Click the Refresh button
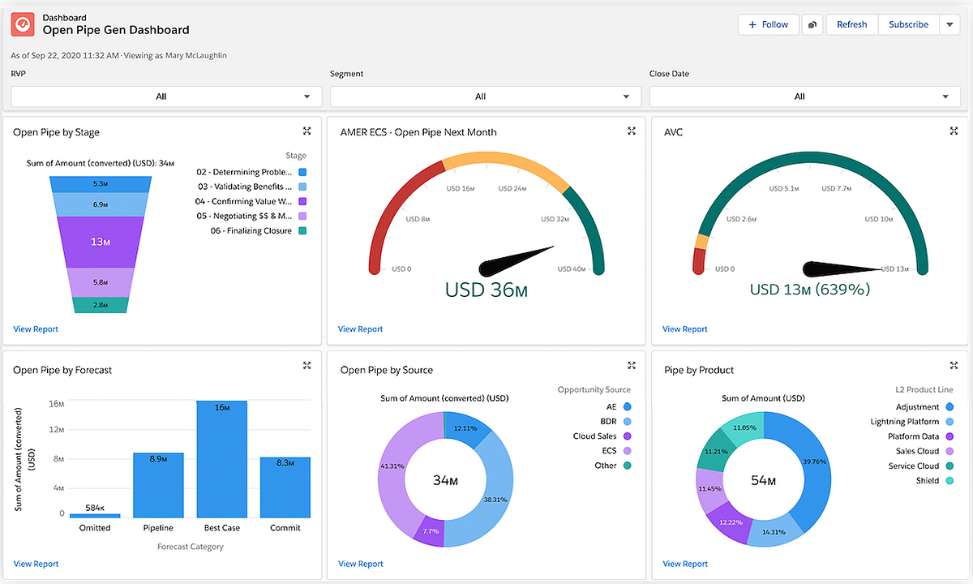851,24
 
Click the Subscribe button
908,24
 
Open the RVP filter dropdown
161,97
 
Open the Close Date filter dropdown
799,97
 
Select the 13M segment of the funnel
101,241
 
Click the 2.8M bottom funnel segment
101,305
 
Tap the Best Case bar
221,458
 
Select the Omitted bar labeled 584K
95,515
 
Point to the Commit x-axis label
285,528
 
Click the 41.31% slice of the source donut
396,470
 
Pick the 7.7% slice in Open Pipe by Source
431,531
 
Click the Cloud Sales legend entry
595,436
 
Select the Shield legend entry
928,481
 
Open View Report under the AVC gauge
684,329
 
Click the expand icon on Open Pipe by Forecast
306,367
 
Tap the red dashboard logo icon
23,24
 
